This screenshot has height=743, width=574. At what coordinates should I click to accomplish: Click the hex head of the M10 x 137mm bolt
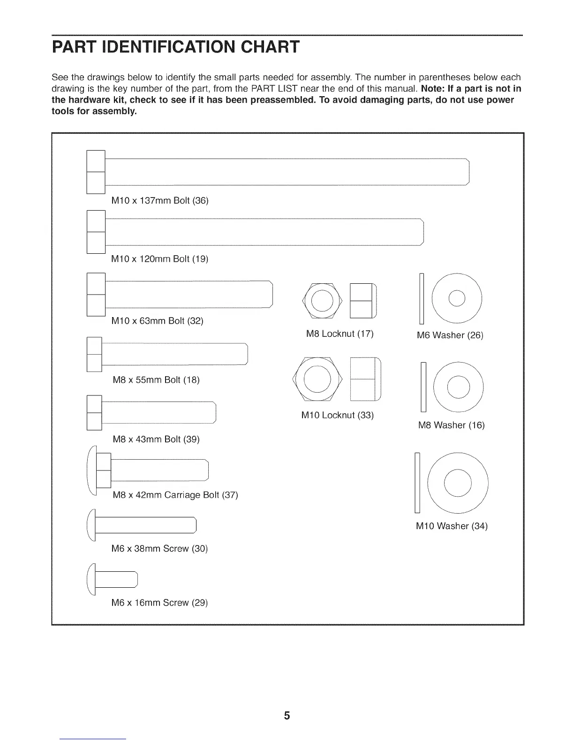[96, 172]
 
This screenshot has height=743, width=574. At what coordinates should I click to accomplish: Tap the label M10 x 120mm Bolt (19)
[159, 259]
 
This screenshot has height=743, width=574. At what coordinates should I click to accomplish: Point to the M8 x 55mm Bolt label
[156, 379]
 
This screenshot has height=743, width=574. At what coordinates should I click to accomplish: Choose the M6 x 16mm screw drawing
[113, 579]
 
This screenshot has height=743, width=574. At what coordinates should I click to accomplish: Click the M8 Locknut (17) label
[340, 334]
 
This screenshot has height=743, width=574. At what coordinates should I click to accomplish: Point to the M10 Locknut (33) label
[337, 416]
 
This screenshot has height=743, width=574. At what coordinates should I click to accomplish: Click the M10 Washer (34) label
[452, 526]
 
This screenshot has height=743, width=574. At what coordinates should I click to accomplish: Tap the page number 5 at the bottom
[287, 715]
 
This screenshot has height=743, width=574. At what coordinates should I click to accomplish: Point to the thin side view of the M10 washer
[417, 483]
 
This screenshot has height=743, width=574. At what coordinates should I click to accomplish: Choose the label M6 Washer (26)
[449, 335]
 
